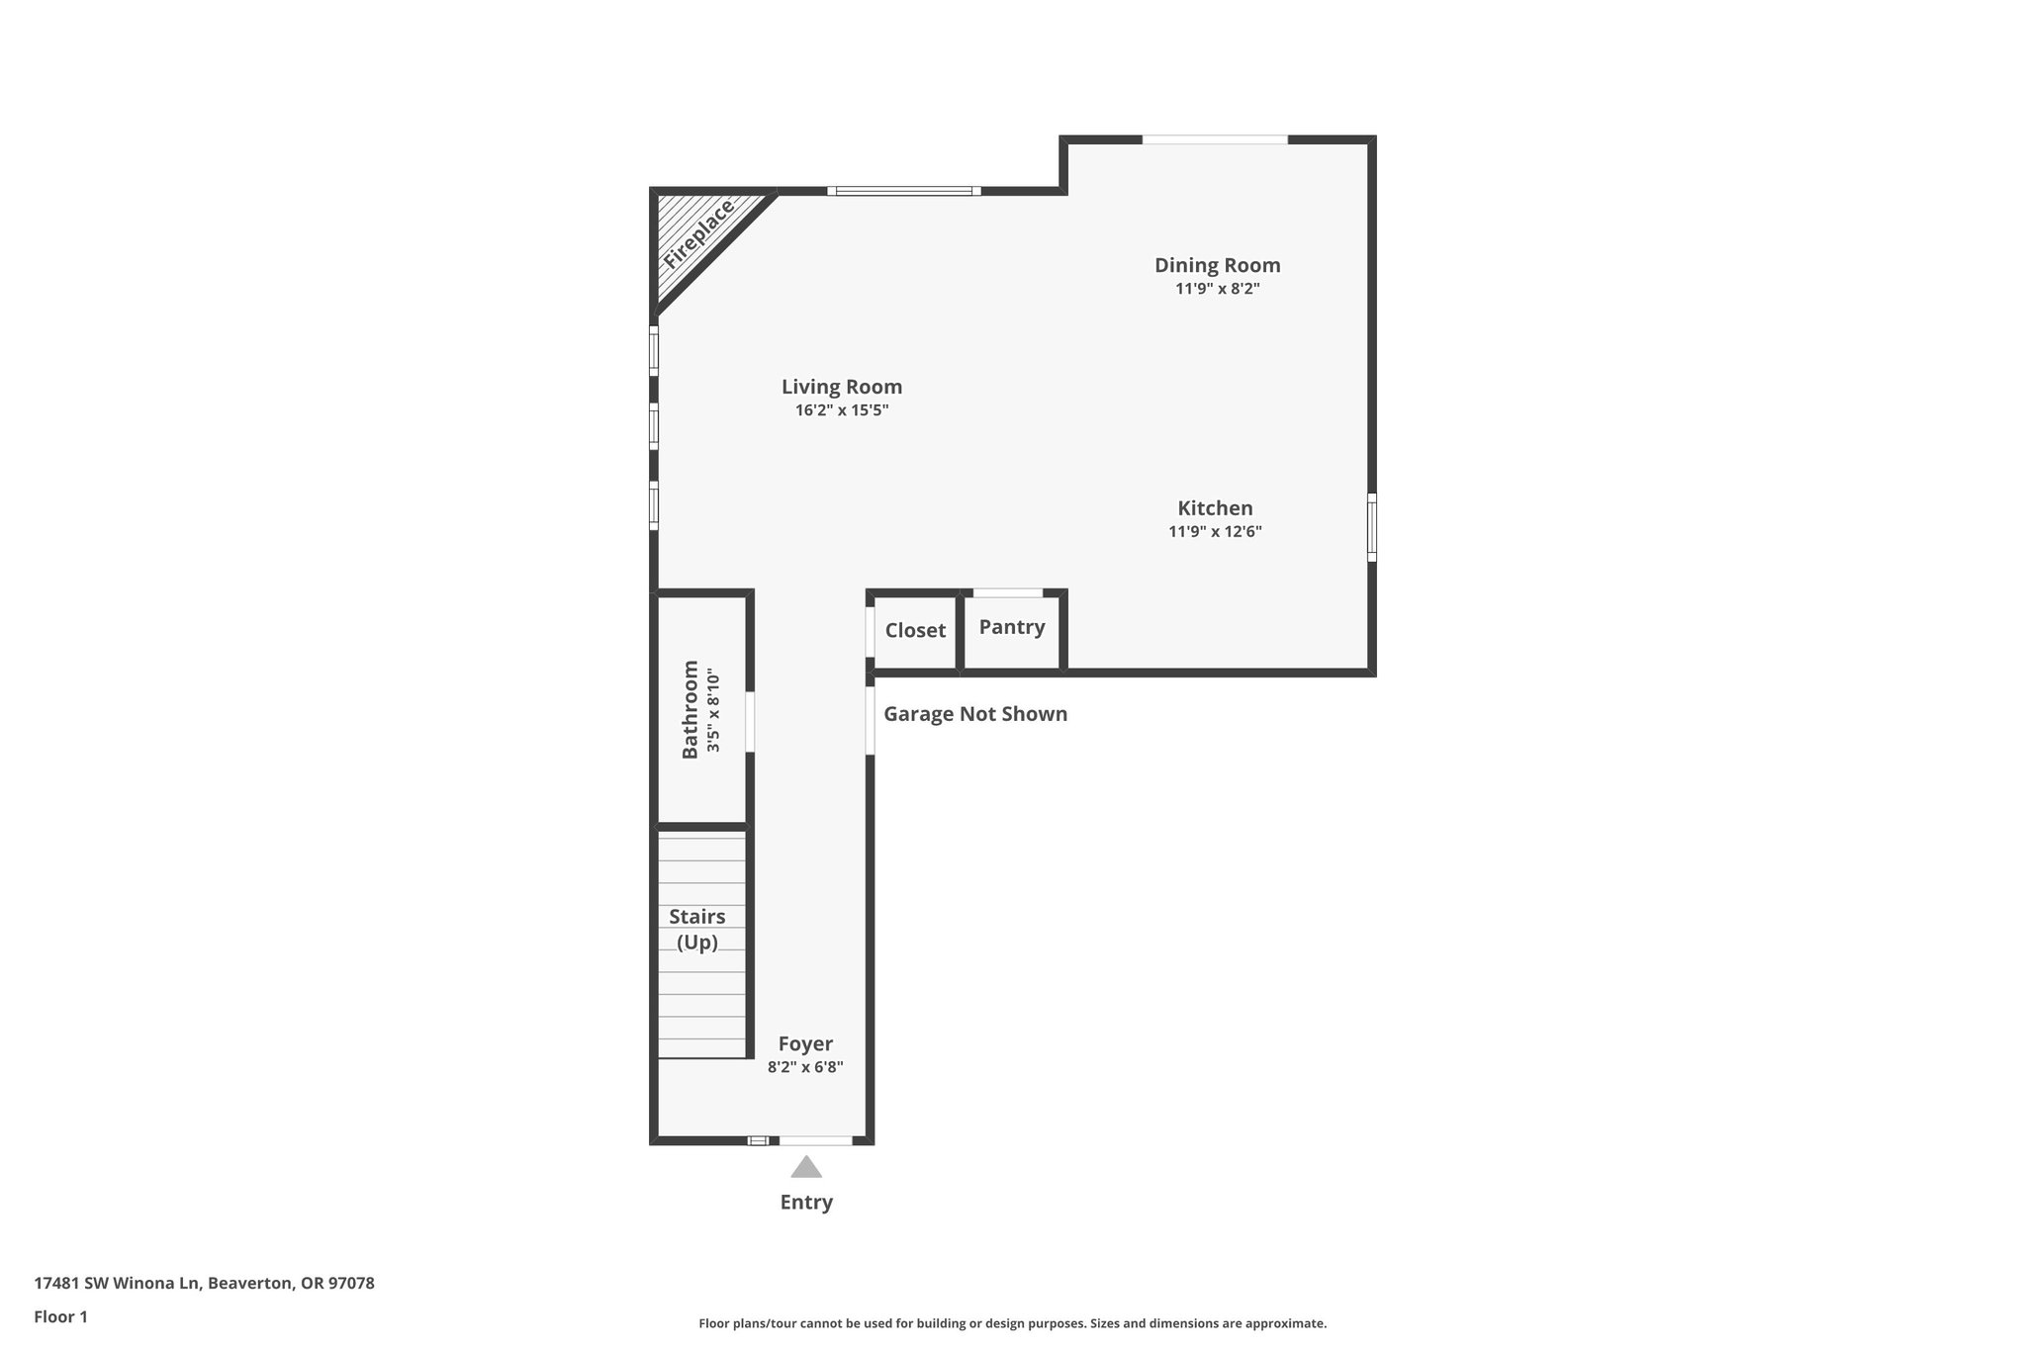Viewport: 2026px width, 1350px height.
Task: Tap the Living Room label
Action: coord(842,387)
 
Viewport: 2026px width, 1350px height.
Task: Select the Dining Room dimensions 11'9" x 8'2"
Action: coord(1217,289)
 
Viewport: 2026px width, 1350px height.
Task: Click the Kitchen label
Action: coord(1215,508)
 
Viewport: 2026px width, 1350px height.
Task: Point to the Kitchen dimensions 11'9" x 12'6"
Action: coord(1215,532)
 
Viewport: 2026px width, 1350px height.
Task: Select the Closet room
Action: coord(915,631)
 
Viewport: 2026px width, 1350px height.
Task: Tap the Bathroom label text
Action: coord(691,709)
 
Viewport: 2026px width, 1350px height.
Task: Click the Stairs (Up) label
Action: coord(697,929)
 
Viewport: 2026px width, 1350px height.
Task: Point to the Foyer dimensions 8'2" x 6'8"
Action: coord(805,1067)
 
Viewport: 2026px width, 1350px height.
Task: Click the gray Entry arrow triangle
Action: coord(806,1168)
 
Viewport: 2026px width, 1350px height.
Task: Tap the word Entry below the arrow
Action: coord(806,1202)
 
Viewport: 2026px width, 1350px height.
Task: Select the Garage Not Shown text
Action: coord(974,714)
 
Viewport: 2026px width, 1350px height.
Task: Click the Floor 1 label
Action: coord(60,1316)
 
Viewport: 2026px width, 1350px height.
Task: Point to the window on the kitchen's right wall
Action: coord(1372,527)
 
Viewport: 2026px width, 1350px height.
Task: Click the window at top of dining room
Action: coord(1215,140)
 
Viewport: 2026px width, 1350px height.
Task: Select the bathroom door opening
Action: coord(750,721)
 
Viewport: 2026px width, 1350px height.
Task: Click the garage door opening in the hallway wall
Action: coord(871,720)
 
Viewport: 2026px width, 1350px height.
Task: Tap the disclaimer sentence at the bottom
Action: coord(1012,1323)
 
